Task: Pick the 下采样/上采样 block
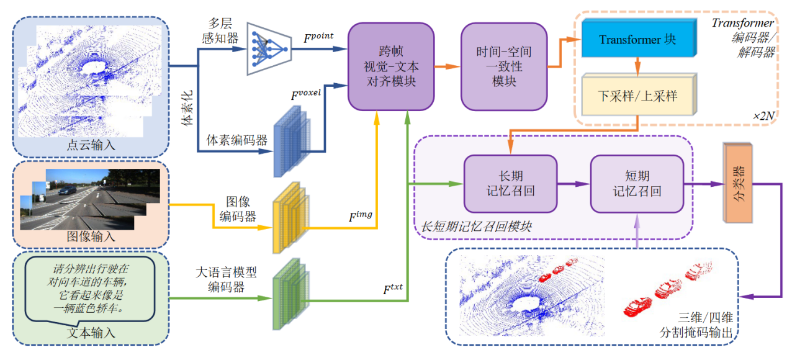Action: pyautogui.click(x=637, y=96)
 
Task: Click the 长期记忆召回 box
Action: pyautogui.click(x=510, y=184)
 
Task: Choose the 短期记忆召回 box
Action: pyautogui.click(x=637, y=184)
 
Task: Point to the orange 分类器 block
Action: pyautogui.click(x=737, y=184)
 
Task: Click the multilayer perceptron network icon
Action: pyautogui.click(x=268, y=48)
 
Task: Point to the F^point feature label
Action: pyautogui.click(x=318, y=36)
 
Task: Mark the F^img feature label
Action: pyautogui.click(x=360, y=217)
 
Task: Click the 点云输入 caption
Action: pyautogui.click(x=91, y=146)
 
